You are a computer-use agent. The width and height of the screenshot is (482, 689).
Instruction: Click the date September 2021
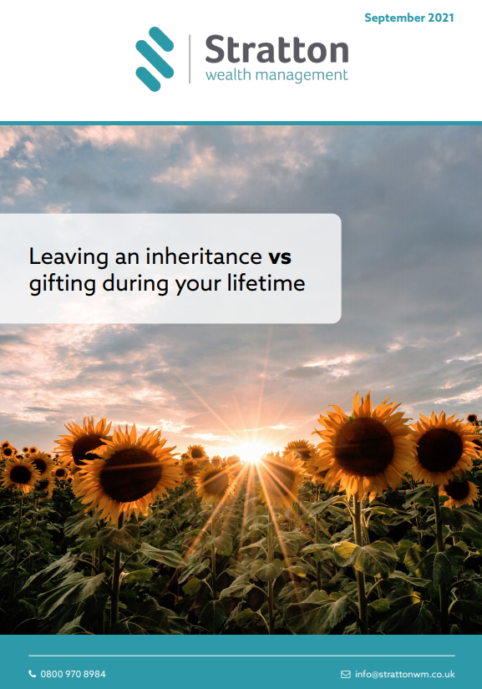click(x=409, y=18)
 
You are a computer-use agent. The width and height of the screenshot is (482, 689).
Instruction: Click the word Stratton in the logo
click(x=277, y=49)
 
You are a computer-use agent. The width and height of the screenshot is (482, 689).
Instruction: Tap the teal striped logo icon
click(x=155, y=59)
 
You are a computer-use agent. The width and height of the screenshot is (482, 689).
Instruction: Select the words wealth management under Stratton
click(x=277, y=75)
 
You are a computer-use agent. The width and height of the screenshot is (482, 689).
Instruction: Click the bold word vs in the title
click(x=280, y=257)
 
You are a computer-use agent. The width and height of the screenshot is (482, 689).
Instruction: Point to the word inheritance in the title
click(x=204, y=256)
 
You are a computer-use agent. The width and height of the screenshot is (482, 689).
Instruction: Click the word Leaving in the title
click(x=68, y=257)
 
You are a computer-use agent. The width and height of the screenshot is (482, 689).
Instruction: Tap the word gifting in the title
click(x=63, y=284)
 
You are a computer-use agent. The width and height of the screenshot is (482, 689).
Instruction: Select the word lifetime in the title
click(x=266, y=282)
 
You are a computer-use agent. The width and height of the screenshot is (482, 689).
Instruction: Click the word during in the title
click(x=135, y=284)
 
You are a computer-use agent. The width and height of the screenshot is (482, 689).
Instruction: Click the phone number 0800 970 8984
click(x=73, y=674)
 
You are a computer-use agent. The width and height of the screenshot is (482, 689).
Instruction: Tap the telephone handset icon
click(x=32, y=674)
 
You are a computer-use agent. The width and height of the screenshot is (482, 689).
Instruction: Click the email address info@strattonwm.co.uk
click(x=404, y=674)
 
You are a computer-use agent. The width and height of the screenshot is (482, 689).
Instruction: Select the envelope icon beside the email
click(x=346, y=674)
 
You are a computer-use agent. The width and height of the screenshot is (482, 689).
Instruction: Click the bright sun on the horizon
click(x=252, y=451)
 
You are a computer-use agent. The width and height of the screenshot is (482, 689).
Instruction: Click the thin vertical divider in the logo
click(x=190, y=59)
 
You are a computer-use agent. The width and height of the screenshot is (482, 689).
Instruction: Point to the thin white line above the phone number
click(x=241, y=656)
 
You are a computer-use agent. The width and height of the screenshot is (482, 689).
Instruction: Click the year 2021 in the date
click(x=441, y=18)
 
